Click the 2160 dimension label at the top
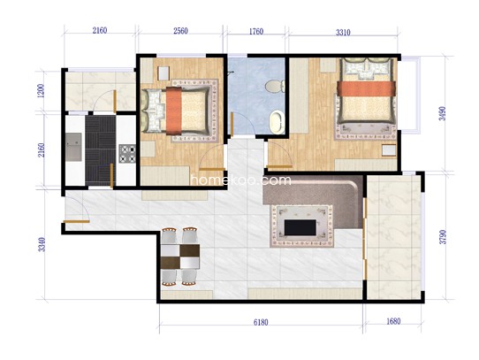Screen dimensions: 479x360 coord(100,30)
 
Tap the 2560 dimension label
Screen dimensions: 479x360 coord(180,31)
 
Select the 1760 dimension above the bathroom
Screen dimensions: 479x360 coord(256,32)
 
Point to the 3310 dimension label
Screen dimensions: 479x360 coord(343,33)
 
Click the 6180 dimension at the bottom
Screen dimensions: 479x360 coord(261,322)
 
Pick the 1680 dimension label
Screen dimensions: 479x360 coord(393,321)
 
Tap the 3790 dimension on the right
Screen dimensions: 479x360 coord(443,237)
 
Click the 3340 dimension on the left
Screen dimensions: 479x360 coord(42,244)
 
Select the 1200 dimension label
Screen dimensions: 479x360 coord(41,91)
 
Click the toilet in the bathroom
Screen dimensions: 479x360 coord(275,86)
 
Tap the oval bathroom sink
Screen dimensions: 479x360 coord(277,122)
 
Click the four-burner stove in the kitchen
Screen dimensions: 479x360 coord(127,154)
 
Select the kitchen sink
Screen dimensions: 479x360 coord(73,147)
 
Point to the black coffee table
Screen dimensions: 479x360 coord(300,227)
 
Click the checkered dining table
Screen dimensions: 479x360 coord(180,257)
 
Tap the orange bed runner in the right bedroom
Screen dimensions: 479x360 coord(367,88)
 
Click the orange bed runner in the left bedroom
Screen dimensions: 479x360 coord(174,111)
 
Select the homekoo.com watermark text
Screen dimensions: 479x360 coord(240,180)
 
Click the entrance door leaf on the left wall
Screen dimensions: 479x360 coord(76,221)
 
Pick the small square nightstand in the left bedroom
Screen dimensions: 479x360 coord(163,73)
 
